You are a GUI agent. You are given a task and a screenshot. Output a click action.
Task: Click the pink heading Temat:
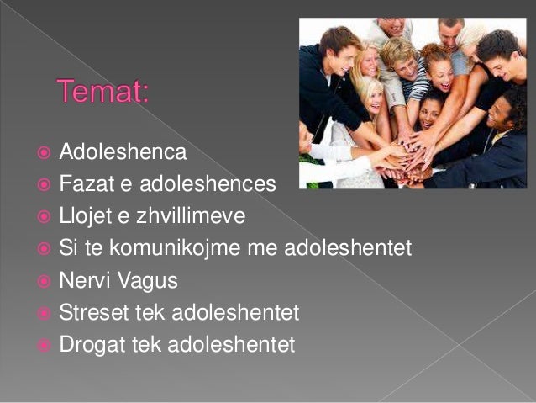(x=102, y=90)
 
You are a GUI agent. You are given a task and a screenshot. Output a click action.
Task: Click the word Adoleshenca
(x=123, y=153)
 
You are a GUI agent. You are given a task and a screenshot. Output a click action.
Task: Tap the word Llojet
(x=87, y=216)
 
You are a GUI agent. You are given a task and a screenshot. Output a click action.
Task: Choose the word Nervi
(x=82, y=280)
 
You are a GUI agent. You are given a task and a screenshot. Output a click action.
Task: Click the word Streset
(x=91, y=312)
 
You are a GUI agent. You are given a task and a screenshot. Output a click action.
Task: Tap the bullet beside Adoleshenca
(x=42, y=153)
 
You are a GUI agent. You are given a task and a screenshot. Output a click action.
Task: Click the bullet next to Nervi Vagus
(x=42, y=280)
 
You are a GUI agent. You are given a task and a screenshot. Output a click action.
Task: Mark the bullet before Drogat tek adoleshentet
(x=42, y=344)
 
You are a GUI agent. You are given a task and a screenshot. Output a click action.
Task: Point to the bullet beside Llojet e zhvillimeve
(x=42, y=217)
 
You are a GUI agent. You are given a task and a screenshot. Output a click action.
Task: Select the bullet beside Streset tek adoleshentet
(x=42, y=312)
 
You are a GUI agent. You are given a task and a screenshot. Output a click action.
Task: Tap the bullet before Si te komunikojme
(x=42, y=249)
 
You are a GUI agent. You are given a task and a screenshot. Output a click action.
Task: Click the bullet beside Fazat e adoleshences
(x=42, y=185)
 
